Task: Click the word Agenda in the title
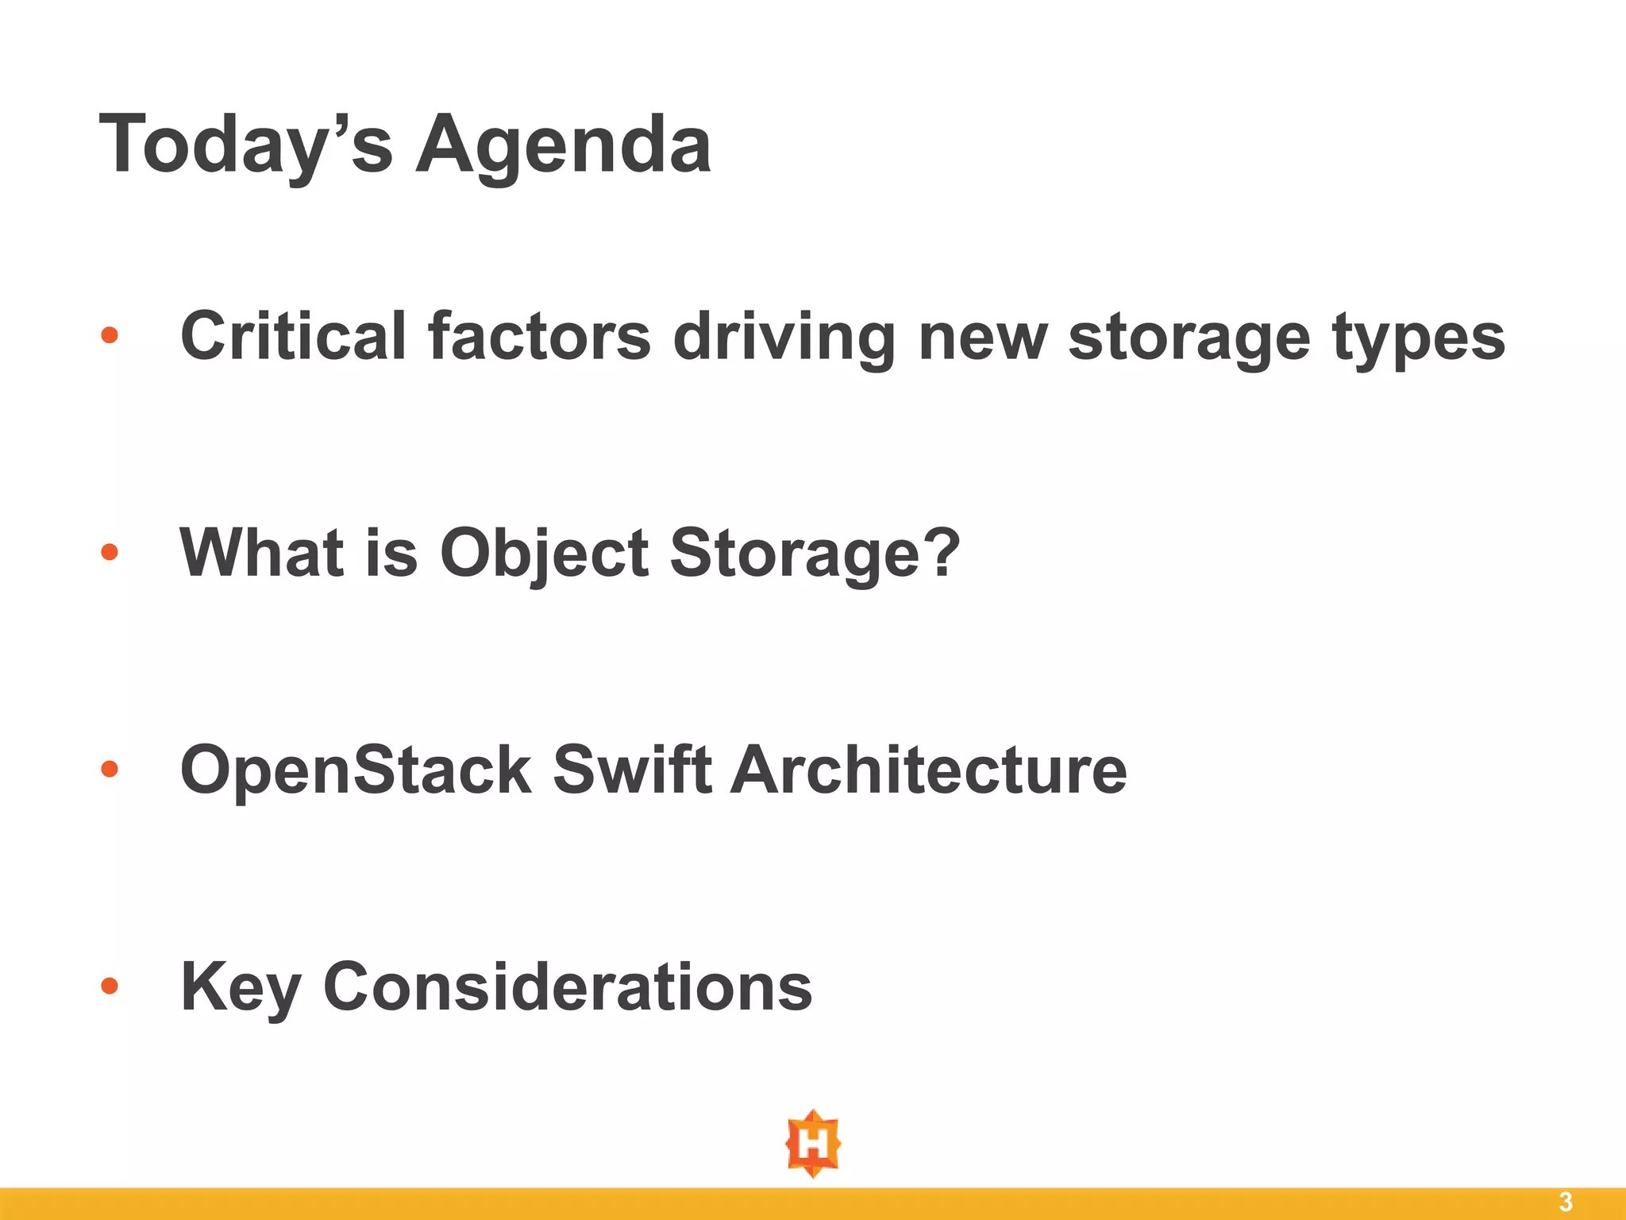point(563,145)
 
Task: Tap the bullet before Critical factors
point(110,335)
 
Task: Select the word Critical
point(293,335)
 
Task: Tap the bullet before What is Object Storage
point(110,551)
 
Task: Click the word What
point(262,551)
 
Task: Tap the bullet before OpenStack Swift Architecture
point(110,768)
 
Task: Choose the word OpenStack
point(356,769)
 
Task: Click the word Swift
point(632,768)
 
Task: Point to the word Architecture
point(928,768)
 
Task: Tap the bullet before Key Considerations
point(110,986)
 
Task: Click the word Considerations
point(568,986)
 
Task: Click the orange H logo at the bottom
point(813,1144)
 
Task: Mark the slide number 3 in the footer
point(1566,1202)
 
